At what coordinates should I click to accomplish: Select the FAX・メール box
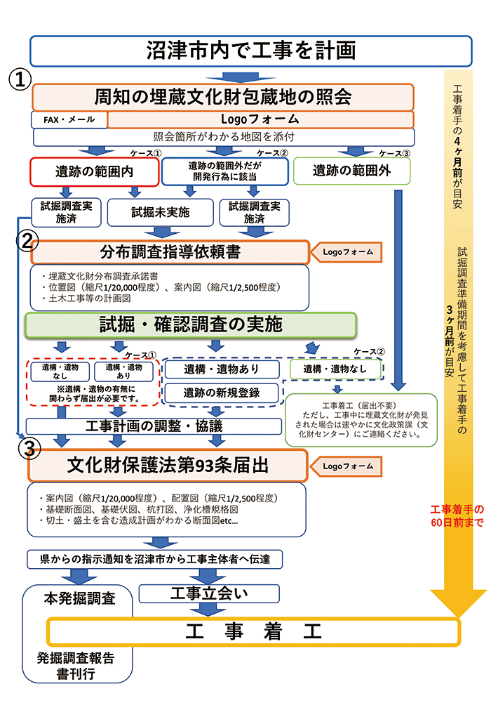pos(69,119)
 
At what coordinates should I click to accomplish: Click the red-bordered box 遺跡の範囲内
pos(94,171)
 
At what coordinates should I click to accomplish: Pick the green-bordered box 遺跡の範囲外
pos(351,170)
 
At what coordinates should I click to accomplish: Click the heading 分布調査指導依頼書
pos(170,252)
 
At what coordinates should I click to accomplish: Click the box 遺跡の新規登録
pos(222,393)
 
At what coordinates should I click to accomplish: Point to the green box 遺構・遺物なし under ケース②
pos(337,369)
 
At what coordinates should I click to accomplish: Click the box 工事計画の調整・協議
pos(154,426)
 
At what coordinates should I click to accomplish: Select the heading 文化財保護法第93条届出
pos(168,466)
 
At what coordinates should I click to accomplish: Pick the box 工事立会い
pos(210,594)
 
